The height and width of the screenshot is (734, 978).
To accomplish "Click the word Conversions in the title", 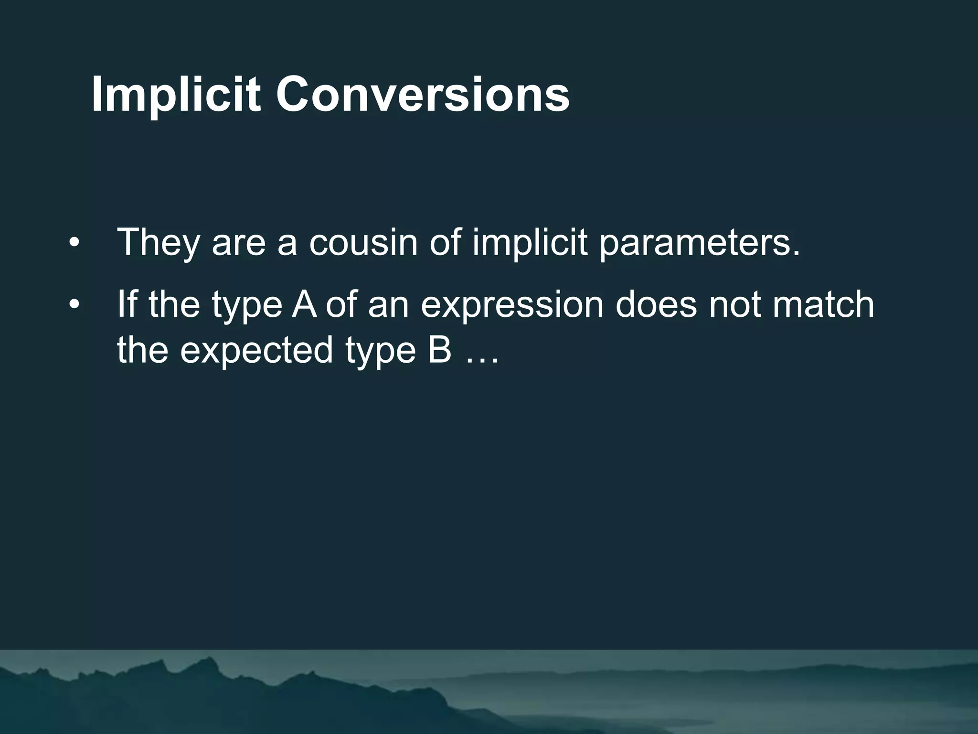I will coord(422,95).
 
